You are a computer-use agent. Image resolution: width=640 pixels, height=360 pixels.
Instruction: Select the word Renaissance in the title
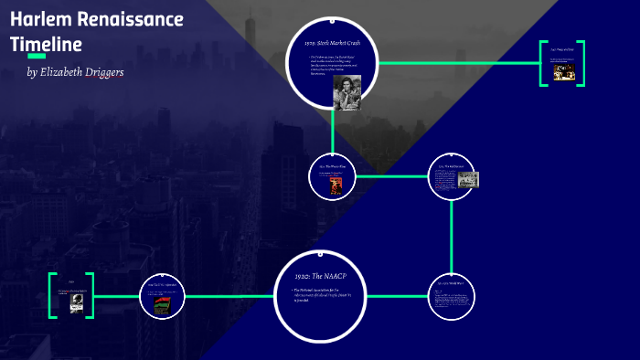click(133, 19)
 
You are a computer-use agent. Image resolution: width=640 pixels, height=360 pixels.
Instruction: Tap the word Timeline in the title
click(47, 44)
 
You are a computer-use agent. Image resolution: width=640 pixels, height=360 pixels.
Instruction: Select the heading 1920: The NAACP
click(320, 276)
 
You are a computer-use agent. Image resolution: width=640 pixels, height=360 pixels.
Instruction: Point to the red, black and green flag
click(162, 305)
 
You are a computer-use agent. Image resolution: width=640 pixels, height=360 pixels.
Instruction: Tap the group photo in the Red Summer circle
click(468, 179)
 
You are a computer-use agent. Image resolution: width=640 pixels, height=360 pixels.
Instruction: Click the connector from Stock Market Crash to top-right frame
click(457, 63)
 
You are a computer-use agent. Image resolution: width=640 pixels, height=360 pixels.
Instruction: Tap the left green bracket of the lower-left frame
click(52, 295)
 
